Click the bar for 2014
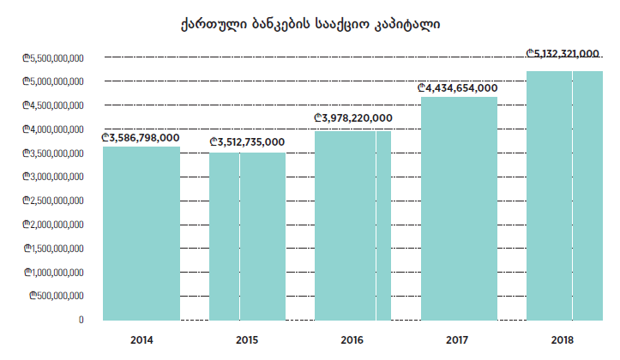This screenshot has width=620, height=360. click(x=141, y=233)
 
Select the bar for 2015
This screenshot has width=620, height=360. click(x=247, y=236)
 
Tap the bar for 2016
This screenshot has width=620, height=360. click(x=352, y=225)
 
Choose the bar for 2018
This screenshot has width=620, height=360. click(x=565, y=195)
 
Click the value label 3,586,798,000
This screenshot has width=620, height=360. click(x=141, y=137)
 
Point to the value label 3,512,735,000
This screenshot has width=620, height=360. click(x=247, y=142)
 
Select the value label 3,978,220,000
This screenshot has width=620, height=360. click(x=353, y=118)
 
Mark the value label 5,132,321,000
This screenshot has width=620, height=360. click(x=563, y=53)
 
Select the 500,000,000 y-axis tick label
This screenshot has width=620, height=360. click(x=57, y=296)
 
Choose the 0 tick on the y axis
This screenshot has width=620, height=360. click(x=81, y=320)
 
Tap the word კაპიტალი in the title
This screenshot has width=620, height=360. click(x=407, y=25)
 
